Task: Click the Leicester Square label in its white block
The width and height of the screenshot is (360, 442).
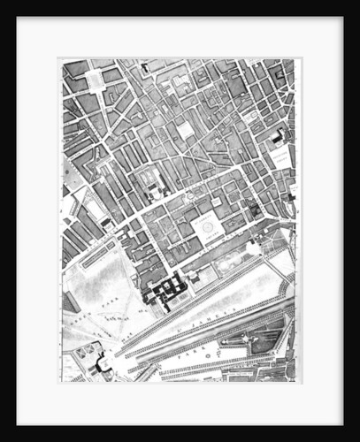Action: [x=281, y=158]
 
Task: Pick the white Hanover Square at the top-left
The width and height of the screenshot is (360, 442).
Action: [x=94, y=79]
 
